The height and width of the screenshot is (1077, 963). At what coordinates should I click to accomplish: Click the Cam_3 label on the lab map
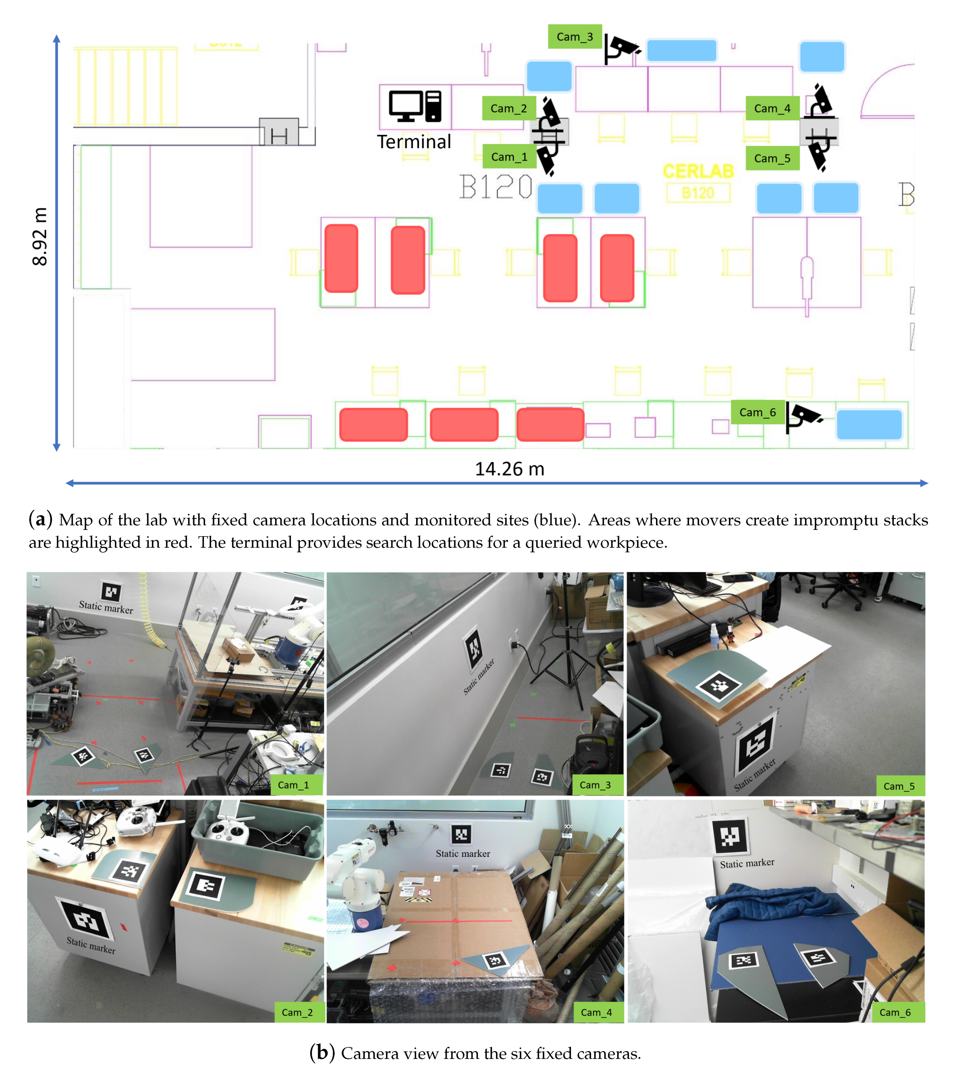[x=574, y=37]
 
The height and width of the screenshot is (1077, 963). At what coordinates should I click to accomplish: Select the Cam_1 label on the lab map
[x=509, y=157]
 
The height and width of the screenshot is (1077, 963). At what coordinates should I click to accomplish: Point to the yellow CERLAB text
[x=698, y=171]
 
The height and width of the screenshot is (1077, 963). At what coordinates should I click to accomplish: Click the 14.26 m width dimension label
[x=509, y=469]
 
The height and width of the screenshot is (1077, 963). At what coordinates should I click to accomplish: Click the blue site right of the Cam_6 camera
[x=869, y=424]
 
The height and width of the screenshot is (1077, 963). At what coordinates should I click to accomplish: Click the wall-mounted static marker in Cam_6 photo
[x=730, y=837]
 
